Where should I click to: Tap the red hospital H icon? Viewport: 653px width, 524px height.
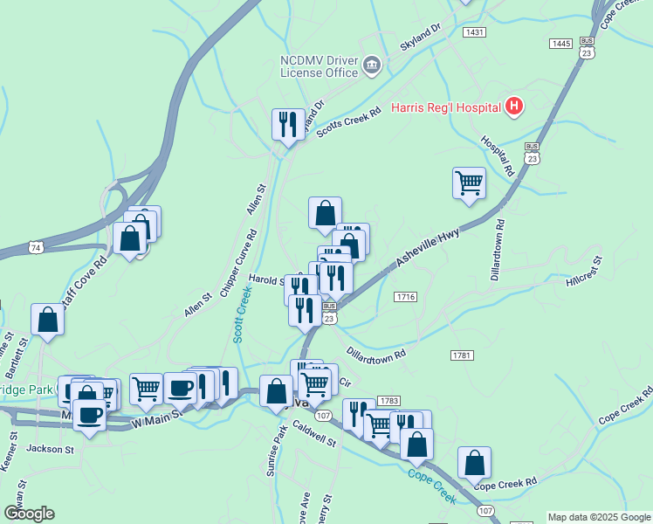[514, 107]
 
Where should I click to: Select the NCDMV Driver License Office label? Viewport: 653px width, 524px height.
[319, 66]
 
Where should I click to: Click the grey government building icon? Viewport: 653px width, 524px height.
[371, 64]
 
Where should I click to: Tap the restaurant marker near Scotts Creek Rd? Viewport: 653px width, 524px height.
[287, 125]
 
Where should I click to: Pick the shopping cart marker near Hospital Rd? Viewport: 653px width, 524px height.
[469, 184]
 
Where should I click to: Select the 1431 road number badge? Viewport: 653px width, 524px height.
[475, 32]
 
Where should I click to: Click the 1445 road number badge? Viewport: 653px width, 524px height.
[560, 43]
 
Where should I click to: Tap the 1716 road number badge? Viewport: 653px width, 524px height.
[404, 297]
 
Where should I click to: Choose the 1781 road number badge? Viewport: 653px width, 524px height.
[462, 355]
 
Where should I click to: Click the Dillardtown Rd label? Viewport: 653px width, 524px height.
[376, 355]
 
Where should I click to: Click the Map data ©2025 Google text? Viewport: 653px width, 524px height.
[599, 517]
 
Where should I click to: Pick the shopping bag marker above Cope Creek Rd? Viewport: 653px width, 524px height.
[474, 463]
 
